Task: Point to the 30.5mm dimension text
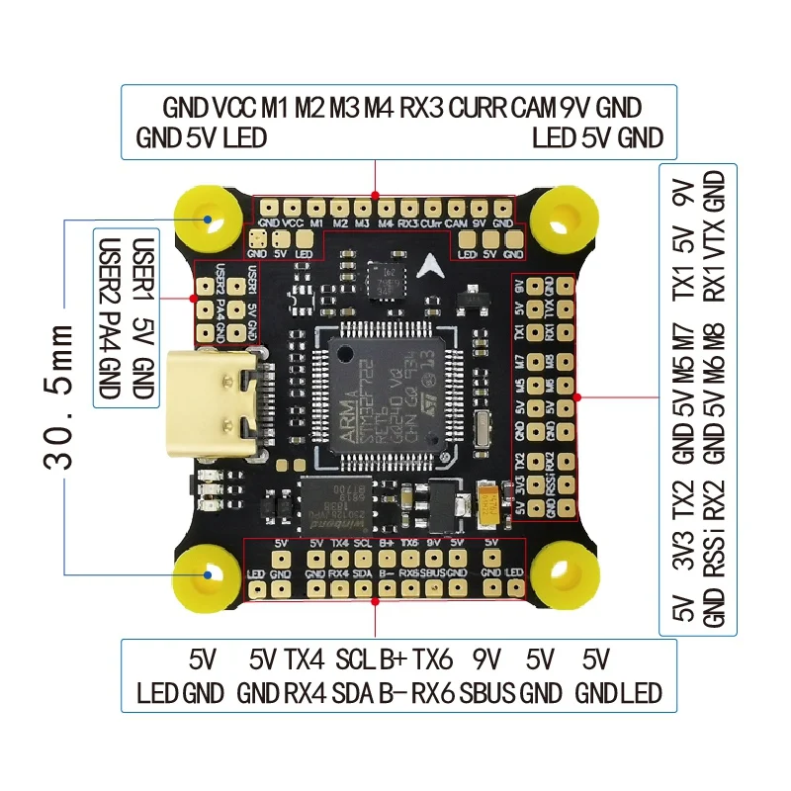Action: [x=61, y=395]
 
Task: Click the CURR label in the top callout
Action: [x=479, y=108]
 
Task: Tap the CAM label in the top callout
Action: [x=534, y=108]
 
